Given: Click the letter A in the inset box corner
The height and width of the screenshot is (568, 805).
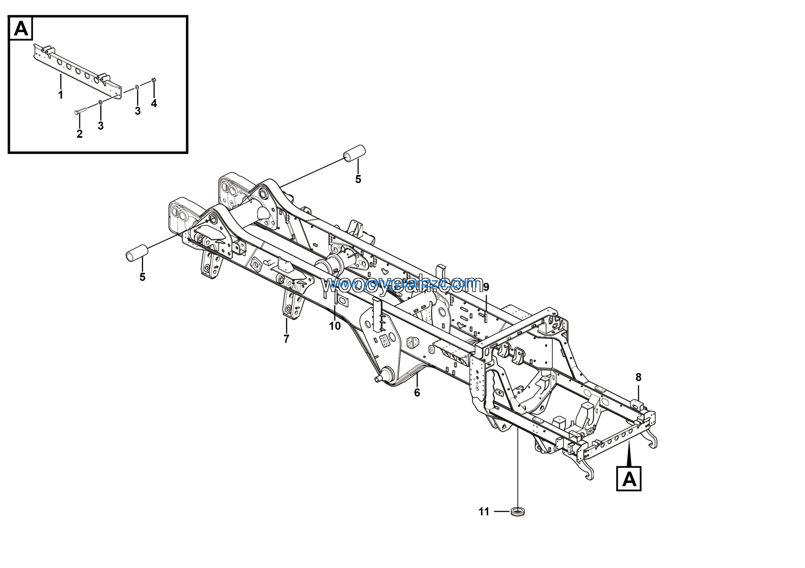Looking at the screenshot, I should coord(21,28).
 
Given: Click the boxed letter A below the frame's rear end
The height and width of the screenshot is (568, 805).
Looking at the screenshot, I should coord(629,479).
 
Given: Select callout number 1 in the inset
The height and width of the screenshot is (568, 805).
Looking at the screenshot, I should coord(61,95).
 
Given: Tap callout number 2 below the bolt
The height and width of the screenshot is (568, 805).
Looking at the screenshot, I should coord(80,134).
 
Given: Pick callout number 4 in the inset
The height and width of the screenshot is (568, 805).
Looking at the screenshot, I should coord(154,103).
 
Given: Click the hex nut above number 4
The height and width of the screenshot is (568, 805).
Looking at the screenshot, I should coord(153,80).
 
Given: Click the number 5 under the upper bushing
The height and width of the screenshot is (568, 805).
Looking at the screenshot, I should coord(358,179).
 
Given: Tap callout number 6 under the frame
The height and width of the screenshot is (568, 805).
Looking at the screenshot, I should coord(417,393).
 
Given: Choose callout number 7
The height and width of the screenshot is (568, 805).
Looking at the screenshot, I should coord(286,339).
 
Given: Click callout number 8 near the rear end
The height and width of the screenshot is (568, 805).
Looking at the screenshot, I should coord(638,377).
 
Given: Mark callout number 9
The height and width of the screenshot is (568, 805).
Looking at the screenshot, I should coord(486,287).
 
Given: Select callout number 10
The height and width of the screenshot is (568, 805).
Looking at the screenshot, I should coord(335,326).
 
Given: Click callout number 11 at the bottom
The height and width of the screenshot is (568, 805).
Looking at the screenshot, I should coord(484,512).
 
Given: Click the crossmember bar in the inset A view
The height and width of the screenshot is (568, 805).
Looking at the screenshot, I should coord(77,70).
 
